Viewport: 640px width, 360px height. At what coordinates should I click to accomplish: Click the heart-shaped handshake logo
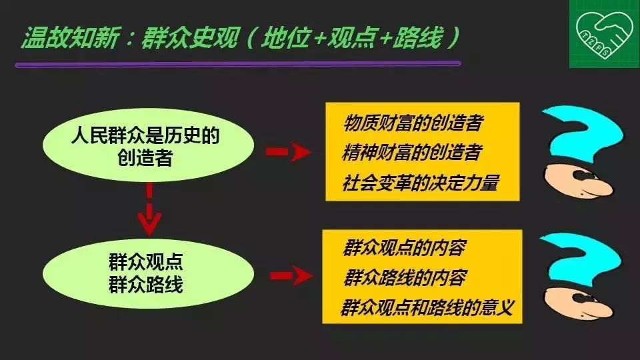tap(604, 34)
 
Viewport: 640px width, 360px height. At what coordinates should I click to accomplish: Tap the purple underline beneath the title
tap(238, 64)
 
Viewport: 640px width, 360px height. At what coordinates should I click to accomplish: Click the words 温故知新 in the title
tap(70, 38)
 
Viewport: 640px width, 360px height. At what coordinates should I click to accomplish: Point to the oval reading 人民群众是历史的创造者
tap(148, 145)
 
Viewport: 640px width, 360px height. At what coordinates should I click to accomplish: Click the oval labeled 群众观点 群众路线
tap(148, 273)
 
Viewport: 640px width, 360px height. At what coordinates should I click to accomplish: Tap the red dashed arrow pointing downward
tap(149, 209)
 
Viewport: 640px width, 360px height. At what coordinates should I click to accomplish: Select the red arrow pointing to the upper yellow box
tap(288, 152)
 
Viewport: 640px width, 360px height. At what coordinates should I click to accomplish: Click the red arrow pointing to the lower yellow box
tap(291, 276)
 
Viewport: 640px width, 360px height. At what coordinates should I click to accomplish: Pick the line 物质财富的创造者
tap(413, 123)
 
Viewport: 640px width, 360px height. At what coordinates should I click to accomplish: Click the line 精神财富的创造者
tap(412, 152)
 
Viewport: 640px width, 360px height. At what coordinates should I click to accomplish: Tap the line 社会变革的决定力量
tap(421, 183)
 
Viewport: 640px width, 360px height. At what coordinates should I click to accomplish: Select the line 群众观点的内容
tap(404, 247)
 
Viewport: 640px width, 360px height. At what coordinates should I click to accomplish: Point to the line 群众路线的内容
tap(405, 277)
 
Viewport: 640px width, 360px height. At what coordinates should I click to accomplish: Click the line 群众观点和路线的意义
tap(427, 307)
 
